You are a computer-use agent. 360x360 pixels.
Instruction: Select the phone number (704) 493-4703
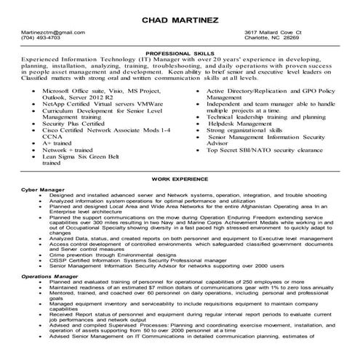(x=41, y=39)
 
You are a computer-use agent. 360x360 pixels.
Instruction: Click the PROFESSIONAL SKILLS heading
(x=180, y=54)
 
